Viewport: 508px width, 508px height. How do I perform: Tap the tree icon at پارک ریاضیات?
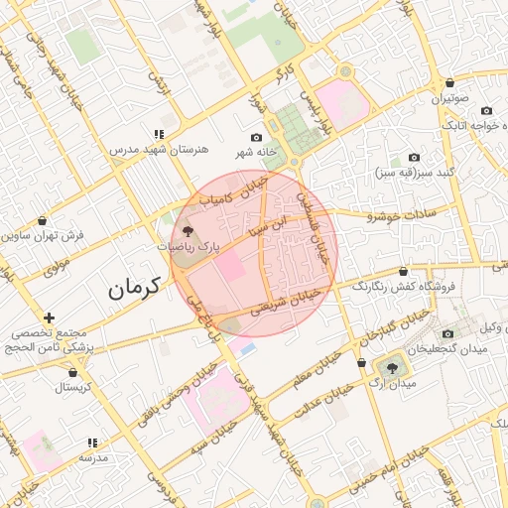click(x=190, y=231)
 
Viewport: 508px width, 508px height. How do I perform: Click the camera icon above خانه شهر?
click(x=257, y=137)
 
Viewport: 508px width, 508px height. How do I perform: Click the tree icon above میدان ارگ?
click(x=394, y=367)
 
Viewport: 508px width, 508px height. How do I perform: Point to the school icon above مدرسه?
click(x=92, y=443)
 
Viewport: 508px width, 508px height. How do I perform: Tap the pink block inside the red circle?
click(x=230, y=266)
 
